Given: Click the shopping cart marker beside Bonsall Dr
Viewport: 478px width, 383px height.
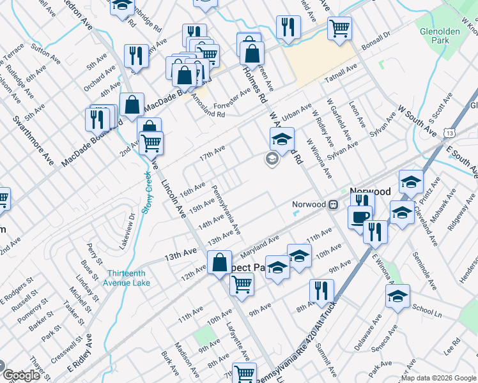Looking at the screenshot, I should pyautogui.click(x=340, y=27).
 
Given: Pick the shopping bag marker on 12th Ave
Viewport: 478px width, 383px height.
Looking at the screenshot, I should pyautogui.click(x=219, y=262).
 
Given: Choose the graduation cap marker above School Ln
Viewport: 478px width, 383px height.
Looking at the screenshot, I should pyautogui.click(x=397, y=296).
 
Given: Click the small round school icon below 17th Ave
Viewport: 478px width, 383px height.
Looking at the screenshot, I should pyautogui.click(x=272, y=160).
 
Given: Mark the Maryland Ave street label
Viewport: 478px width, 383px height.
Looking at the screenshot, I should pyautogui.click(x=260, y=244).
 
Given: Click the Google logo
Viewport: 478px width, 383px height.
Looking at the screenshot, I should pyautogui.click(x=22, y=375).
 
